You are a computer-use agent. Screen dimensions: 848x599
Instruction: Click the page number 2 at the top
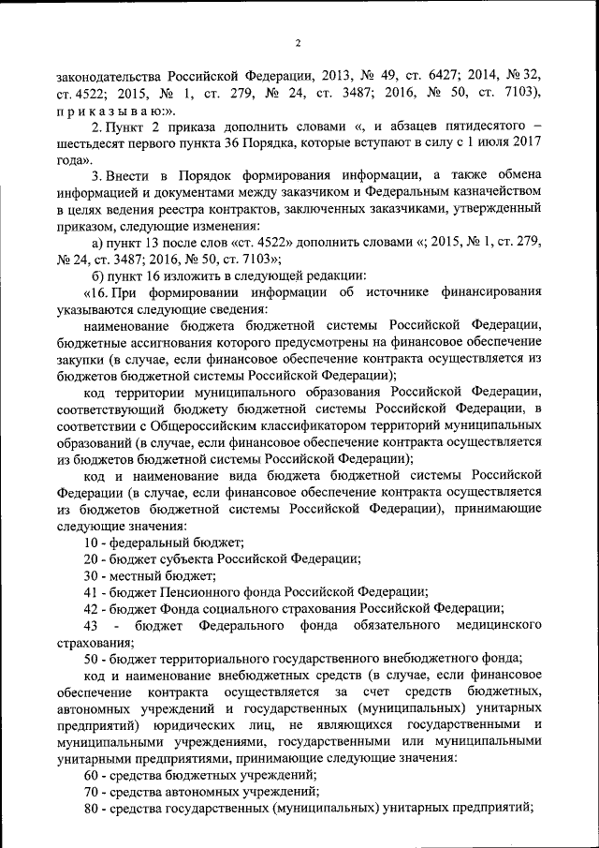point(298,42)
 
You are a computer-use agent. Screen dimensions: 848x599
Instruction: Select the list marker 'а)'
point(92,242)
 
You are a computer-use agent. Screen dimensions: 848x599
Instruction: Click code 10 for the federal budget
point(92,543)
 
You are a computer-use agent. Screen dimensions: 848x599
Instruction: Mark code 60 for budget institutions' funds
point(92,777)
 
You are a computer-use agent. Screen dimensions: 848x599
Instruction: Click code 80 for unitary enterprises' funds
point(92,810)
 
